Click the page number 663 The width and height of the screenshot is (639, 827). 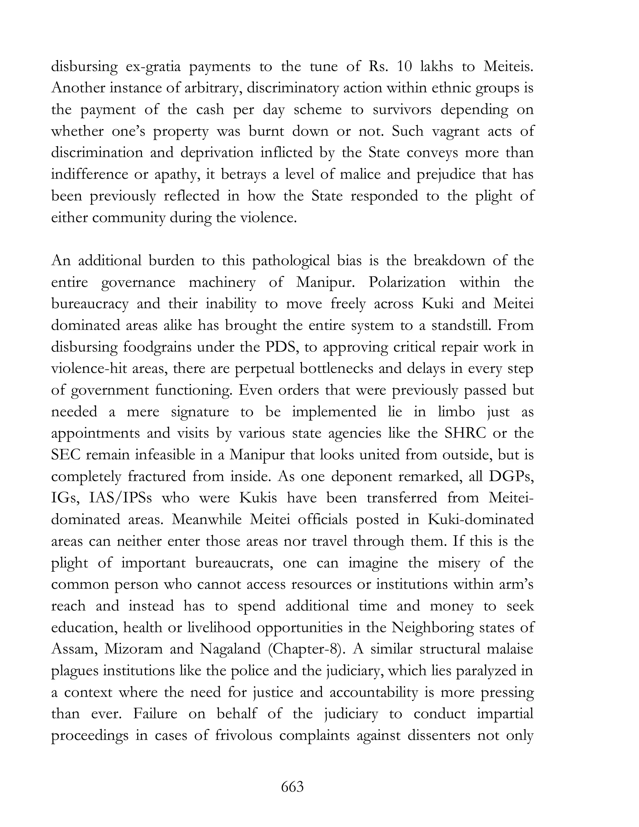292,787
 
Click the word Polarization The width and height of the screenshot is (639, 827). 407,282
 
